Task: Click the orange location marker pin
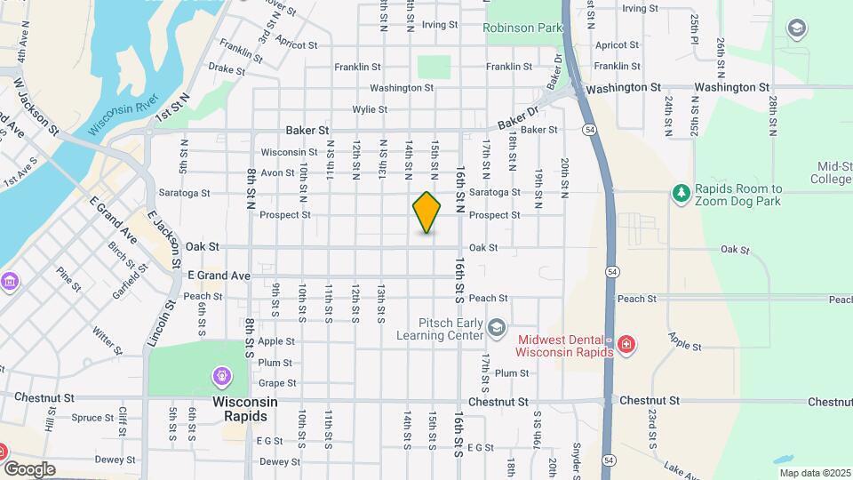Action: [x=427, y=212]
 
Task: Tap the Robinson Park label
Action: [x=523, y=28]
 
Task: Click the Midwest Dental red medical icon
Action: [x=626, y=344]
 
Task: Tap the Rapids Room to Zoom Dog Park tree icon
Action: [x=681, y=193]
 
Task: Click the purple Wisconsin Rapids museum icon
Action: [x=220, y=376]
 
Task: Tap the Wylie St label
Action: [x=370, y=109]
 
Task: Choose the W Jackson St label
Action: [x=36, y=105]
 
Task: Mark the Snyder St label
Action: [x=577, y=458]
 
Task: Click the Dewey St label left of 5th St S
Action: [x=109, y=460]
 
